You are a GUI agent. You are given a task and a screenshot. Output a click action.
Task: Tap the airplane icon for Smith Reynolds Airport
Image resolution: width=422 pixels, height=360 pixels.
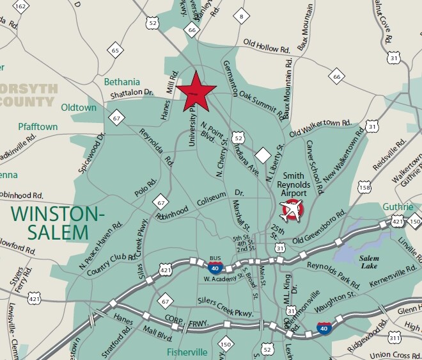[293, 210]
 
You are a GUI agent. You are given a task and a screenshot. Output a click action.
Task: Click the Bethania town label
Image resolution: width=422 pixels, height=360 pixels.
[121, 82]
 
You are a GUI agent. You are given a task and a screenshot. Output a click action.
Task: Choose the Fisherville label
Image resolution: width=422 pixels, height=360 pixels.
[188, 352]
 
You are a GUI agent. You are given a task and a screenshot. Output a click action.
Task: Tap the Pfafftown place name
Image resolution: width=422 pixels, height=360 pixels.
[38, 127]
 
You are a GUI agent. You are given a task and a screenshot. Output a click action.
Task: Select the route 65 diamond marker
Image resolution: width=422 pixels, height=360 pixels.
[116, 51]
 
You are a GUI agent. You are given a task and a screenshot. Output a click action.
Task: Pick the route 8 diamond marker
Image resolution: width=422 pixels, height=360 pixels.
[241, 16]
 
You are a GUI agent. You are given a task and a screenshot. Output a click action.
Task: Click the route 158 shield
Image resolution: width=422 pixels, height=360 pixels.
[364, 187]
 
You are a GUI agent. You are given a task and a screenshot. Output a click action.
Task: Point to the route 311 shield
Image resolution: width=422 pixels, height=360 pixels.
[395, 337]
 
